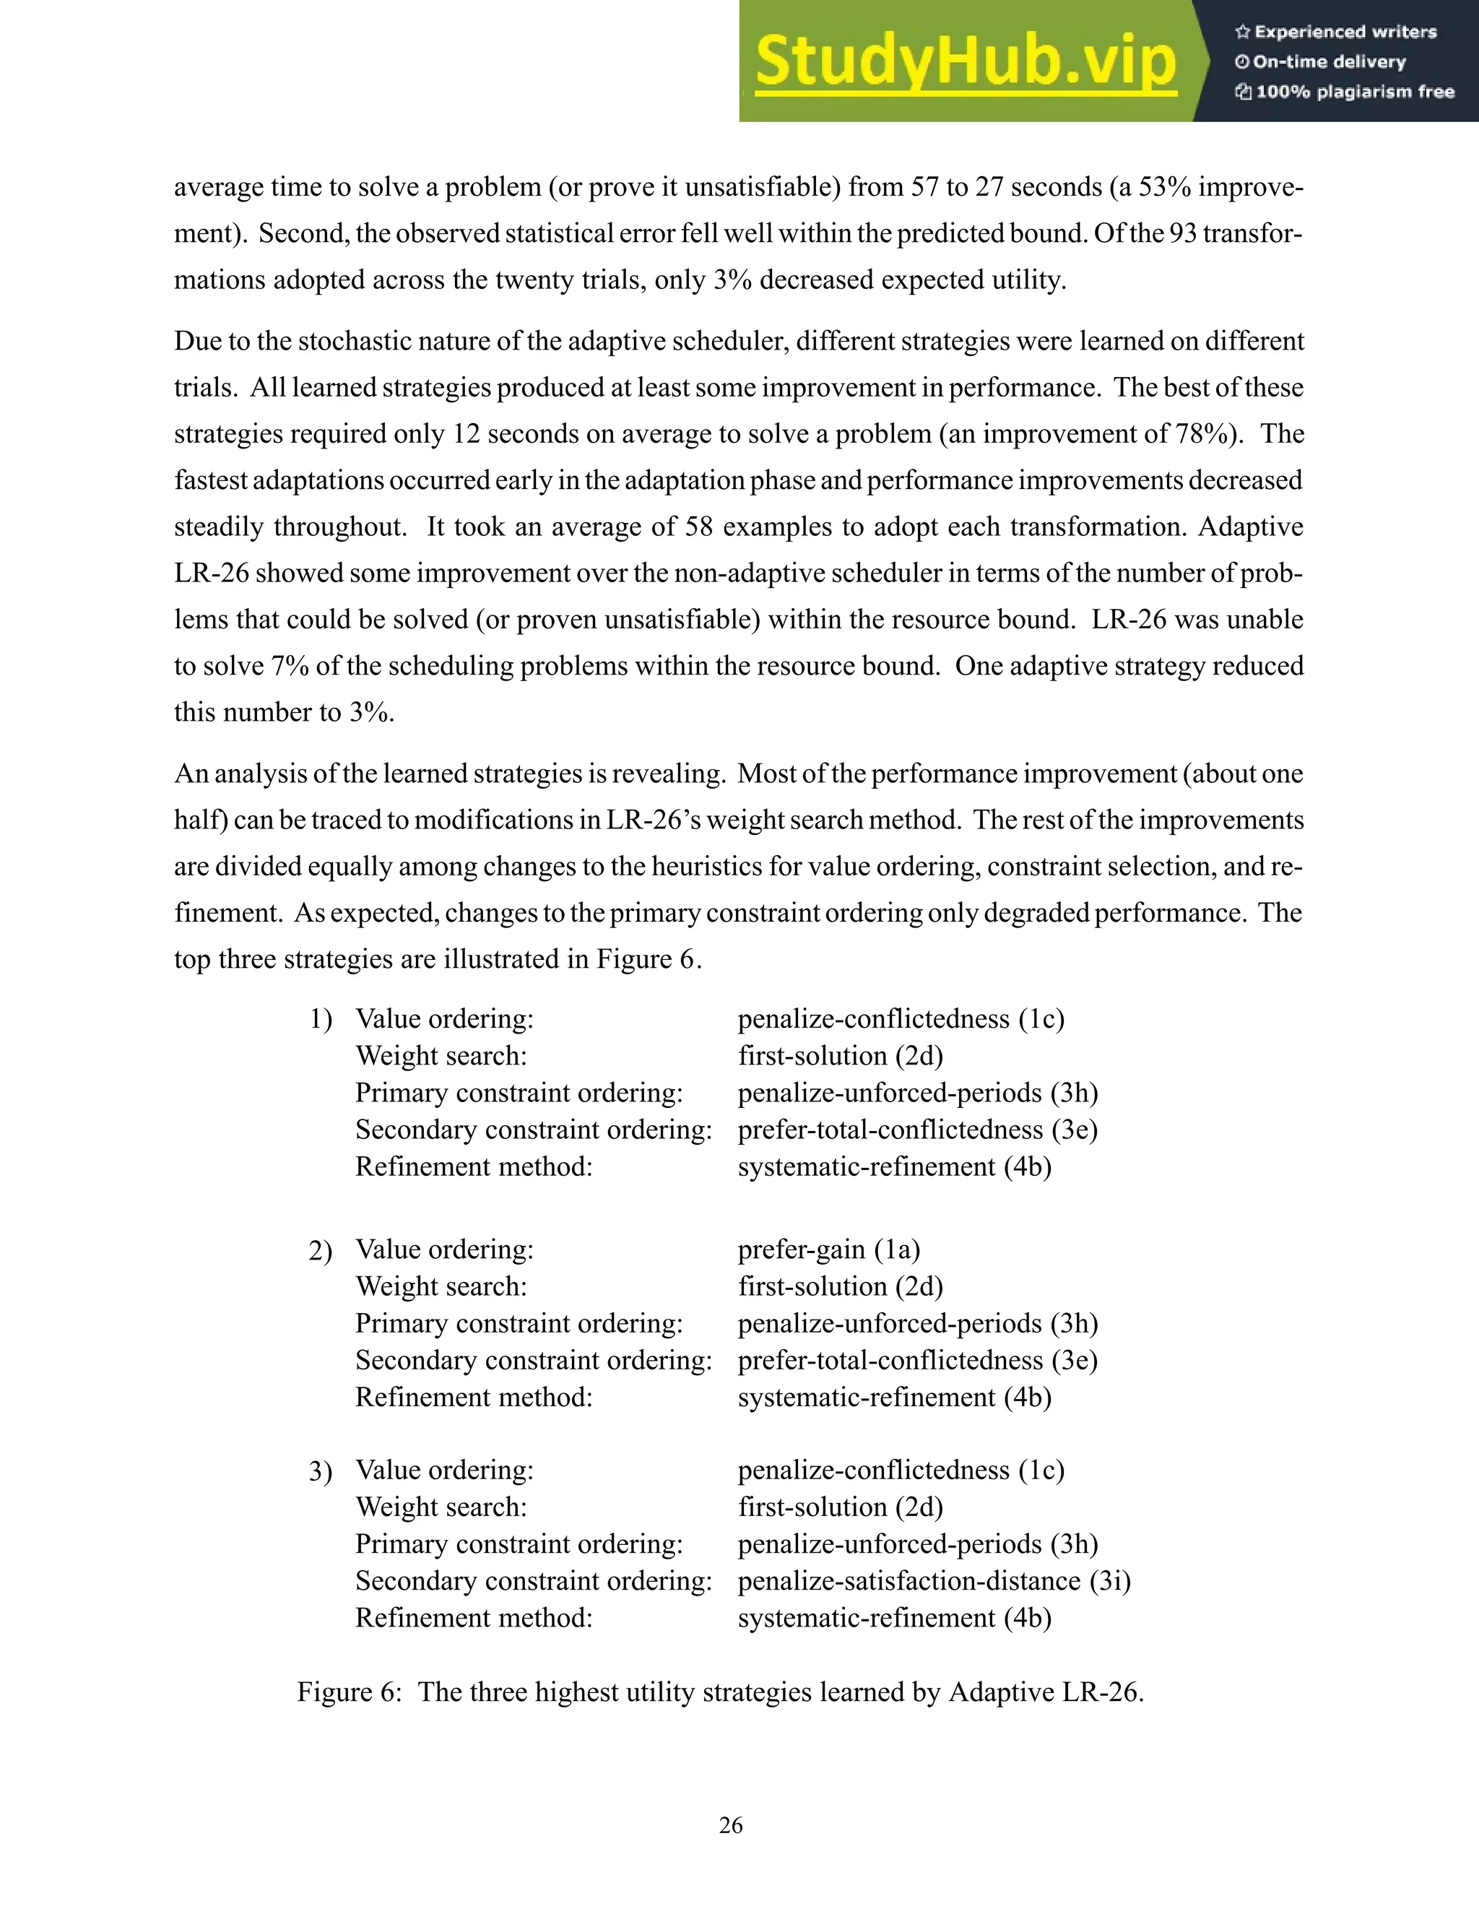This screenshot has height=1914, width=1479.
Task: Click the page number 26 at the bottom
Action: pos(731,1824)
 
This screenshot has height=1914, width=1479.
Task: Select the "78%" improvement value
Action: pos(1199,434)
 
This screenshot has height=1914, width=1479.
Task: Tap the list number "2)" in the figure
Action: pos(320,1250)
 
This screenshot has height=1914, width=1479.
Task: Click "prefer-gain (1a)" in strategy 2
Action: pos(828,1249)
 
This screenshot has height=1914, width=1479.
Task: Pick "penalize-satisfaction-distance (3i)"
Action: pos(934,1580)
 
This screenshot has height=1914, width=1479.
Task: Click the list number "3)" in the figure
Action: pos(320,1471)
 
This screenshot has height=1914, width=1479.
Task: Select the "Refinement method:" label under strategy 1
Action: pos(473,1166)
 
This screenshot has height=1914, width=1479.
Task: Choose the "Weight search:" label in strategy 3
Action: pos(441,1507)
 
